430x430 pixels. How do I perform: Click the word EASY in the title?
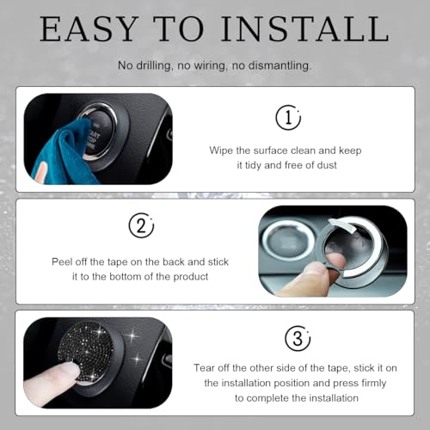[x=89, y=29]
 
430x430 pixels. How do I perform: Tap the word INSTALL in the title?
[x=304, y=29]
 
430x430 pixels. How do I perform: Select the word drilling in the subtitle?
[x=153, y=66]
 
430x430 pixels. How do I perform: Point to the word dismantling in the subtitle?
[x=279, y=65]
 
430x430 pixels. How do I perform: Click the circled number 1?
[x=288, y=117]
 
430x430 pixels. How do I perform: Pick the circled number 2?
[x=141, y=225]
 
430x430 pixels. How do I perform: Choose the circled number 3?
[x=298, y=338]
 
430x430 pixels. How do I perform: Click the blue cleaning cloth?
[x=64, y=152]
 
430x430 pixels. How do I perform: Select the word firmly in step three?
[x=374, y=384]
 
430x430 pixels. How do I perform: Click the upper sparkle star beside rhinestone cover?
[x=132, y=335]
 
